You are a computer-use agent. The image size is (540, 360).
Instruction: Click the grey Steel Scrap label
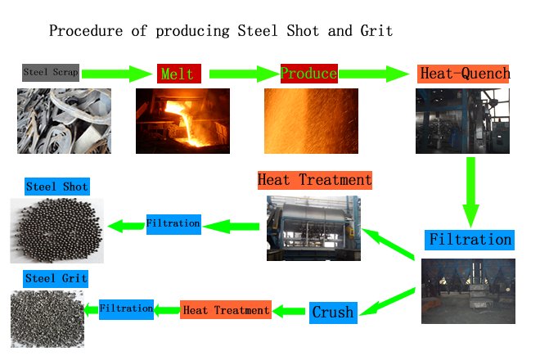(51, 73)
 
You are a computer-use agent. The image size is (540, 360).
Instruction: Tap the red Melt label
(178, 74)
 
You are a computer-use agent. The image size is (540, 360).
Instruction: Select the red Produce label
(309, 74)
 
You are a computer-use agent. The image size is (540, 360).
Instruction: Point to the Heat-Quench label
(463, 74)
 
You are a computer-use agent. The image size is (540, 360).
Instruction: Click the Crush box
(333, 313)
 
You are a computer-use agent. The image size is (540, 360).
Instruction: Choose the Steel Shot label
(57, 187)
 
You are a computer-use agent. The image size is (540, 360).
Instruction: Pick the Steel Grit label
(56, 279)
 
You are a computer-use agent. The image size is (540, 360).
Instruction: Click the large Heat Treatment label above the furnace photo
(315, 180)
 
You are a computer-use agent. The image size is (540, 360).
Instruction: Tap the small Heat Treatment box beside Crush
(226, 310)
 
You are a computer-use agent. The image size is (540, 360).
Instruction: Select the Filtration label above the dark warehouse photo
(470, 240)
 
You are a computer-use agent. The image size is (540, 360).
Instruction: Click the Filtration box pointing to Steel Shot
(173, 224)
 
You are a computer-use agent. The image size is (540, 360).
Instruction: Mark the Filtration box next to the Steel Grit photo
(126, 309)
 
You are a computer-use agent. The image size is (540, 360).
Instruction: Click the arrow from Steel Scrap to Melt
(117, 74)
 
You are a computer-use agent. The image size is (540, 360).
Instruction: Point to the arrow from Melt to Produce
(245, 74)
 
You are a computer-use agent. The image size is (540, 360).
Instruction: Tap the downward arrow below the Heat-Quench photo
(470, 192)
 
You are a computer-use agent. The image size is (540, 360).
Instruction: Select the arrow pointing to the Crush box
(387, 302)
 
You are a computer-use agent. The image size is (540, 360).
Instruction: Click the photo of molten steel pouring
(182, 121)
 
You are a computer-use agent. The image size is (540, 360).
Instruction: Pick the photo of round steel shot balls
(56, 231)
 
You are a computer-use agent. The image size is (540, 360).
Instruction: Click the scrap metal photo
(64, 121)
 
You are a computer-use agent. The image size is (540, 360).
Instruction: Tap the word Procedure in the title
(86, 31)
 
